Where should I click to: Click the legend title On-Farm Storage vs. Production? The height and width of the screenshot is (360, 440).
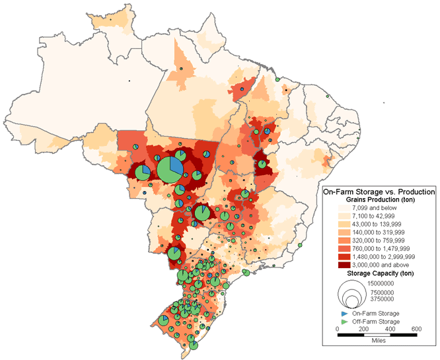(x=377, y=191)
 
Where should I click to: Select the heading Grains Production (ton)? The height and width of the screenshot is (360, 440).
(x=379, y=199)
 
